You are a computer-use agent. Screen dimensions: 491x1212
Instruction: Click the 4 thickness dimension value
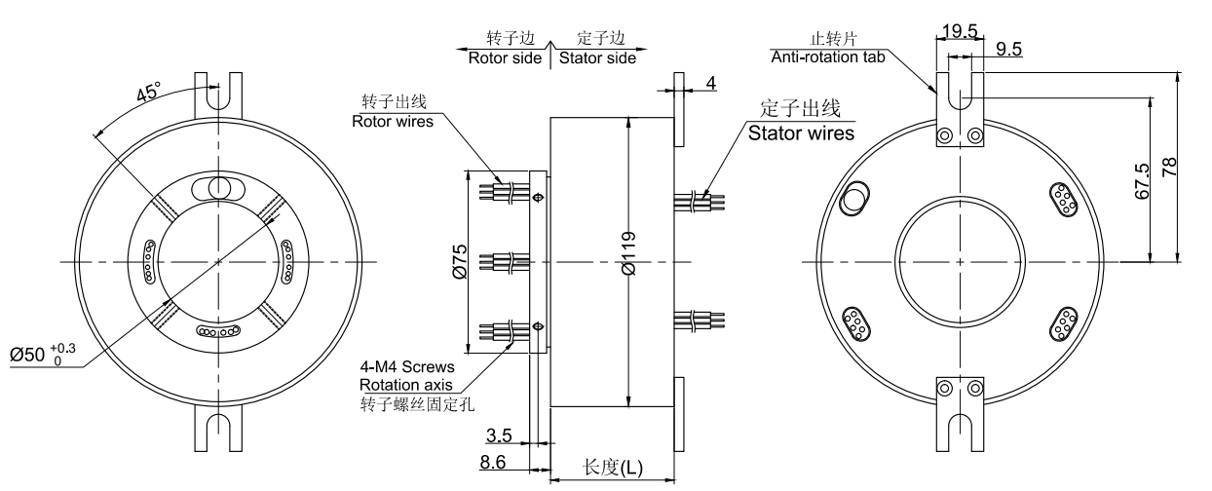click(x=711, y=83)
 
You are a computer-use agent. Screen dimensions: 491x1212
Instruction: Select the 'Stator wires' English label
click(x=801, y=132)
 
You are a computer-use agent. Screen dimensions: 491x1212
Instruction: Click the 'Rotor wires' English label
click(x=392, y=122)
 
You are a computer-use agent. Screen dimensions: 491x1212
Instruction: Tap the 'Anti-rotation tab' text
click(x=827, y=57)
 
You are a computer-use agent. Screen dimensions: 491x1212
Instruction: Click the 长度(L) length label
click(x=613, y=468)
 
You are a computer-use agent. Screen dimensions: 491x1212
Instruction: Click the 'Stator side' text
click(x=596, y=57)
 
